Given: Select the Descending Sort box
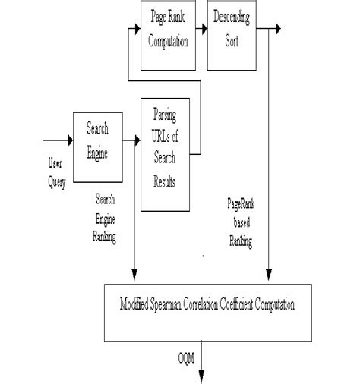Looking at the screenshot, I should pyautogui.click(x=231, y=28).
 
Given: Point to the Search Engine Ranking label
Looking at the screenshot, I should pyautogui.click(x=105, y=216).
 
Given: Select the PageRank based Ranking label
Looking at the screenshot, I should pyautogui.click(x=240, y=224).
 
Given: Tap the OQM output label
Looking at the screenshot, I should pyautogui.click(x=187, y=357).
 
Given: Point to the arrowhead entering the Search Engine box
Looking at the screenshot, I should pyautogui.click(x=68, y=140).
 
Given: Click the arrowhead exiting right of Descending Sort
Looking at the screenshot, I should pyautogui.click(x=280, y=28).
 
